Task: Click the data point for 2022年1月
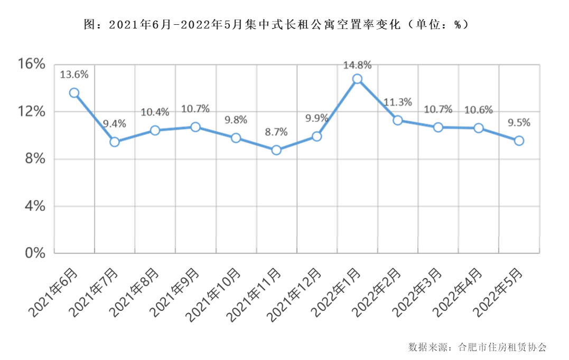(357, 79)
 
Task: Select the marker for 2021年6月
(74, 93)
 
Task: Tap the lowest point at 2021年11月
(276, 150)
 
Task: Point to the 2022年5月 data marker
(519, 140)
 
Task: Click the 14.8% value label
(357, 65)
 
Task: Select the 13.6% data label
(74, 75)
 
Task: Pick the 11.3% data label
(397, 102)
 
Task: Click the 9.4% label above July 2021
(115, 124)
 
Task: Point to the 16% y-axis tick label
(32, 64)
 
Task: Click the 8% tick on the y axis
(35, 159)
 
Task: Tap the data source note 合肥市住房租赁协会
(501, 347)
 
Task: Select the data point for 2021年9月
(195, 127)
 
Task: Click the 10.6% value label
(479, 110)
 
